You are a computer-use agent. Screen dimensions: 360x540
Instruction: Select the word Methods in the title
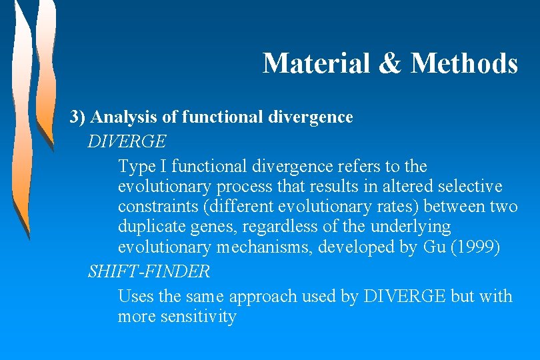(464, 63)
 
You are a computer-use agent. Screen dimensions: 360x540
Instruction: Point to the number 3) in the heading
(78, 117)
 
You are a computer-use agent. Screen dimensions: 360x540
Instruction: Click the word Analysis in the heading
(124, 117)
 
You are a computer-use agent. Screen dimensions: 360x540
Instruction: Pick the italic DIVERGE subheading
(127, 141)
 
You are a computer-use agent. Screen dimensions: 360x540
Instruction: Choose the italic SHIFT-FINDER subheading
(149, 271)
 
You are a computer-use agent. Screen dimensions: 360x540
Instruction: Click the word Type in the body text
(137, 166)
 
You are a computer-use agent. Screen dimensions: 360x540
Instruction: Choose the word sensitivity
(199, 316)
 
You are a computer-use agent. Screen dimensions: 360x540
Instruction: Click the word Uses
(136, 296)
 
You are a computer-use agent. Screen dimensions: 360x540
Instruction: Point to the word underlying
(410, 227)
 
